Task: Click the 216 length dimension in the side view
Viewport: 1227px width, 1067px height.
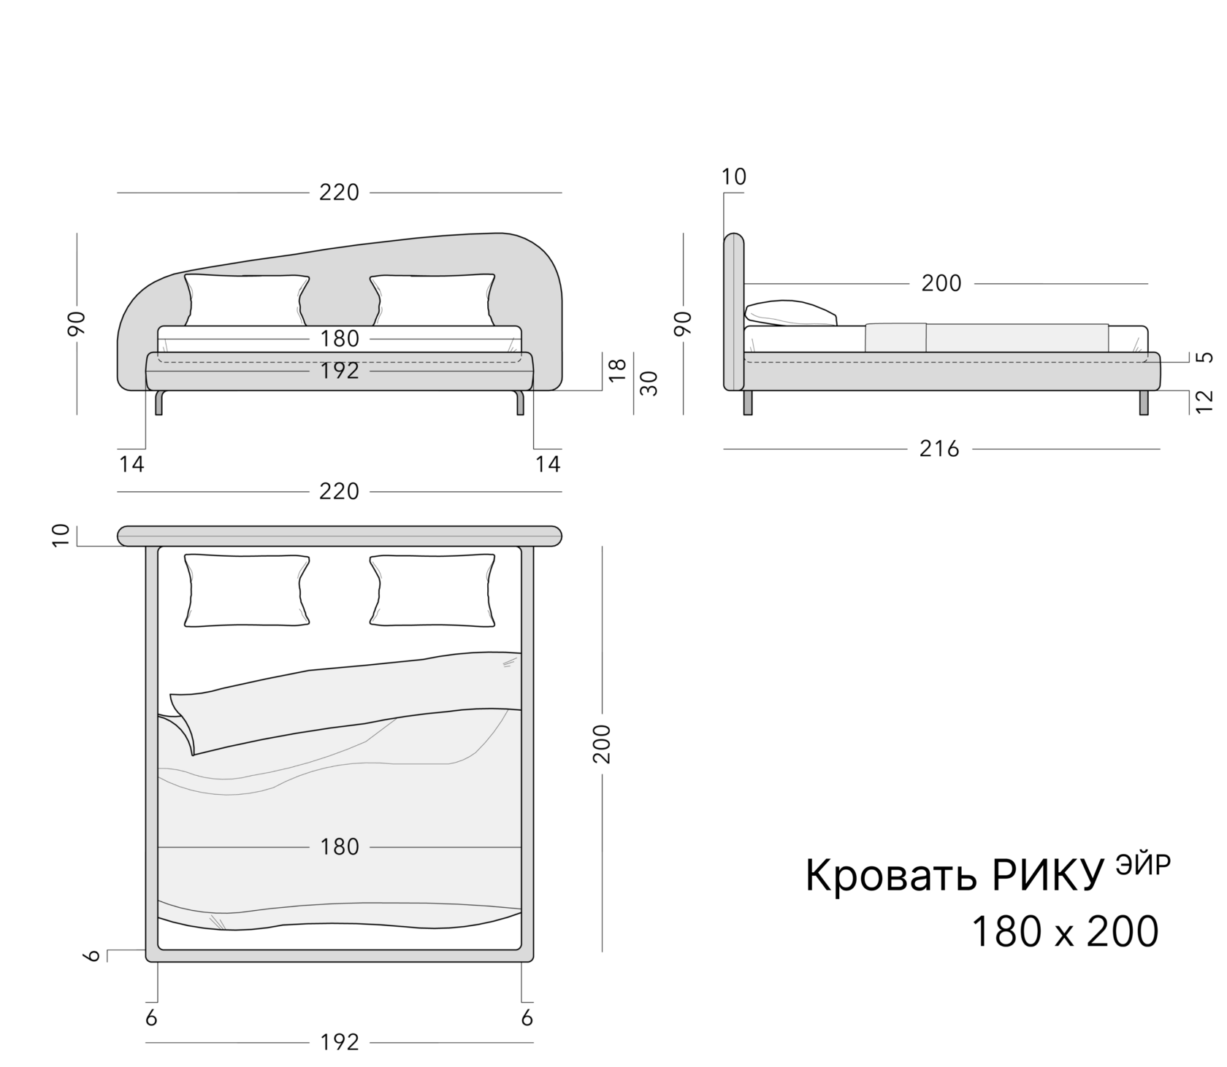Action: (939, 449)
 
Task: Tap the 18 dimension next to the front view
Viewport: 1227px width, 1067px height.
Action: (618, 370)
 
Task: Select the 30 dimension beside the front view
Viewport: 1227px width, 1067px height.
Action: (649, 383)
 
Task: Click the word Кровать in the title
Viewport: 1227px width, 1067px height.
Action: (890, 876)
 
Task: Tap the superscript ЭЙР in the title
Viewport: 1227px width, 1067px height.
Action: (1143, 863)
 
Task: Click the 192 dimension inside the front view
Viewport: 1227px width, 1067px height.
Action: (340, 371)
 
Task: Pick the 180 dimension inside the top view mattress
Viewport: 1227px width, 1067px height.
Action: (340, 847)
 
